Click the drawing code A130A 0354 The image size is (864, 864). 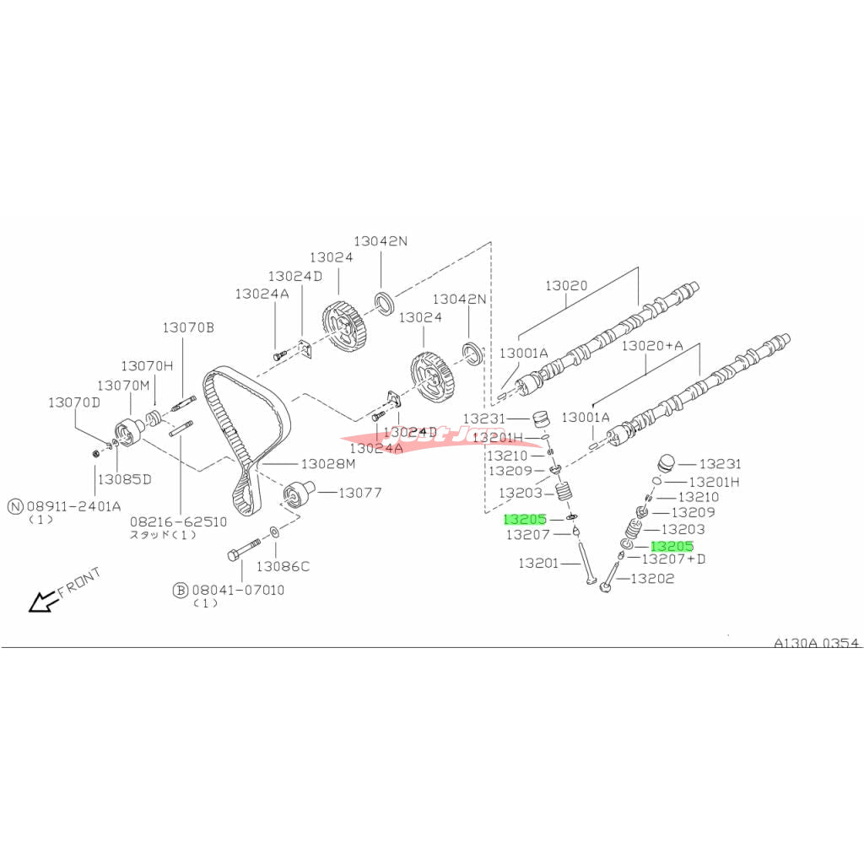[816, 643]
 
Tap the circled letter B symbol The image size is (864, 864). [181, 591]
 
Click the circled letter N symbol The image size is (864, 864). [15, 506]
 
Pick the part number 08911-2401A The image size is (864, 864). [74, 506]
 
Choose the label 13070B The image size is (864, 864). [188, 327]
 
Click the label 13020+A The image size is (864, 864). [651, 346]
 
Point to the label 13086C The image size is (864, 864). [283, 566]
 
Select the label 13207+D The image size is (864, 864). [673, 559]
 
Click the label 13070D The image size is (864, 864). [73, 402]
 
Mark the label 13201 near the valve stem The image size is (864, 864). [538, 563]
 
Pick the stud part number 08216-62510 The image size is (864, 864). [178, 521]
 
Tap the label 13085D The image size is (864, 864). [124, 478]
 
